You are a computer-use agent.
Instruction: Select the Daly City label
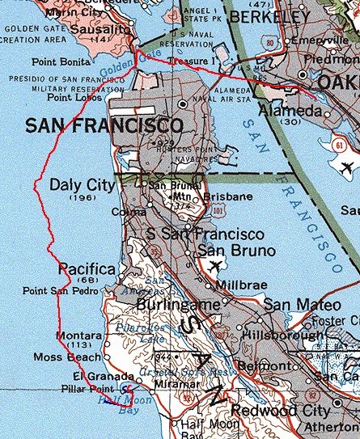click(x=83, y=185)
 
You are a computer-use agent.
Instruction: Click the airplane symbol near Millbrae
click(x=214, y=266)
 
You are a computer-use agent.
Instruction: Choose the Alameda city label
click(x=289, y=110)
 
